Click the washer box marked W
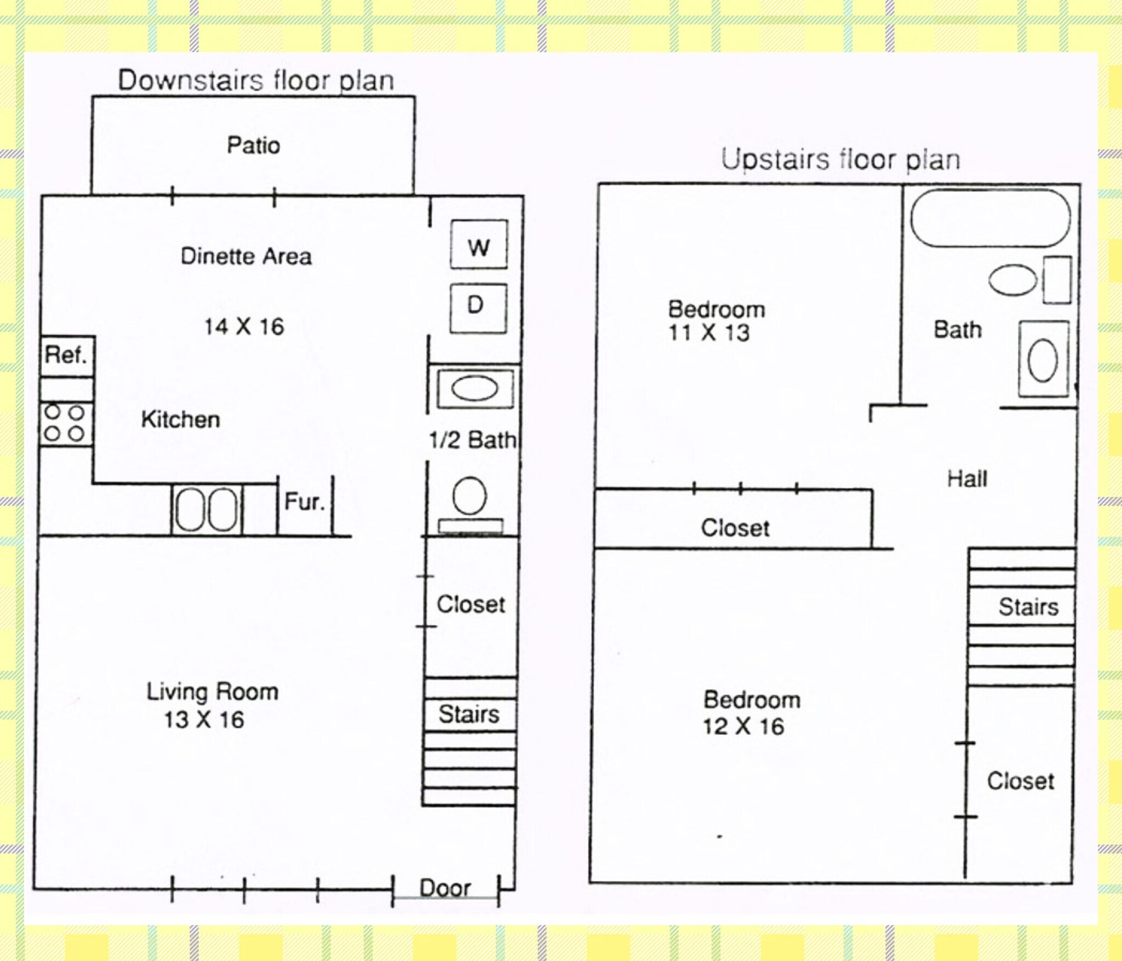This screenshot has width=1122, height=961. [479, 244]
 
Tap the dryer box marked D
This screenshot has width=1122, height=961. [478, 308]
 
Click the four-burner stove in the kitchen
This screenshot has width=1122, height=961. [65, 424]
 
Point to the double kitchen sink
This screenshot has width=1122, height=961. [207, 510]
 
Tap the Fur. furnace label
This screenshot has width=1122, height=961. [304, 501]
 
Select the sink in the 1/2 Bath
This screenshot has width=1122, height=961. [474, 389]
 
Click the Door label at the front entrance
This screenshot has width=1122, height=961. [445, 888]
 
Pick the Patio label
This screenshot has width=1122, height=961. [253, 146]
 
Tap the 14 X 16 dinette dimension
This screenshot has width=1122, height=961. [244, 327]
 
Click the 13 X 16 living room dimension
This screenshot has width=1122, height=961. [204, 720]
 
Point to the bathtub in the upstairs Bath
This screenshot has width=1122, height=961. [990, 218]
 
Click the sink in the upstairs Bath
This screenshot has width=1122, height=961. [1043, 359]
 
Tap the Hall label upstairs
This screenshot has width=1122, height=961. [967, 479]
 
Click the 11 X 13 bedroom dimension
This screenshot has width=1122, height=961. [709, 333]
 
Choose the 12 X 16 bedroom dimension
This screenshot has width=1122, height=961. [743, 726]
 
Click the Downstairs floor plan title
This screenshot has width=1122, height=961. [256, 81]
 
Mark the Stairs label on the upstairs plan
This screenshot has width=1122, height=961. [1028, 607]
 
